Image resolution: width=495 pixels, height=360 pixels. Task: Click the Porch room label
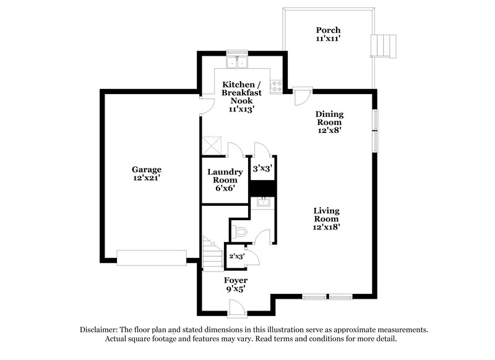pyautogui.click(x=328, y=34)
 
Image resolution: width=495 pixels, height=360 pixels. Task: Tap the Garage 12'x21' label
pyautogui.click(x=147, y=173)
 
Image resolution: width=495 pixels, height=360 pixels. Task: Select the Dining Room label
pyautogui.click(x=329, y=122)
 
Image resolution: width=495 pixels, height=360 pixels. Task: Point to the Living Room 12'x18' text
pyautogui.click(x=326, y=218)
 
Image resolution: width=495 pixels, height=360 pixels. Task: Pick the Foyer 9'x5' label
pyautogui.click(x=235, y=284)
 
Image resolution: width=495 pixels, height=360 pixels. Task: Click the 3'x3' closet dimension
pyautogui.click(x=263, y=168)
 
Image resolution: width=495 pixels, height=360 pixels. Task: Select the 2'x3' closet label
pyautogui.click(x=236, y=255)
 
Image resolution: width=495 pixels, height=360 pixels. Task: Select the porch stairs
pyautogui.click(x=382, y=45)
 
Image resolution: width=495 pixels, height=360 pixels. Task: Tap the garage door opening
pyautogui.click(x=152, y=257)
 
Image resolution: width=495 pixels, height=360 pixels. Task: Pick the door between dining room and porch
pyautogui.click(x=301, y=98)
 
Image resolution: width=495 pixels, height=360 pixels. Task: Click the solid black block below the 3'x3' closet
pyautogui.click(x=262, y=187)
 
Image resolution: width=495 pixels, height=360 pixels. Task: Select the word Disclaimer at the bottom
pyautogui.click(x=98, y=330)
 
